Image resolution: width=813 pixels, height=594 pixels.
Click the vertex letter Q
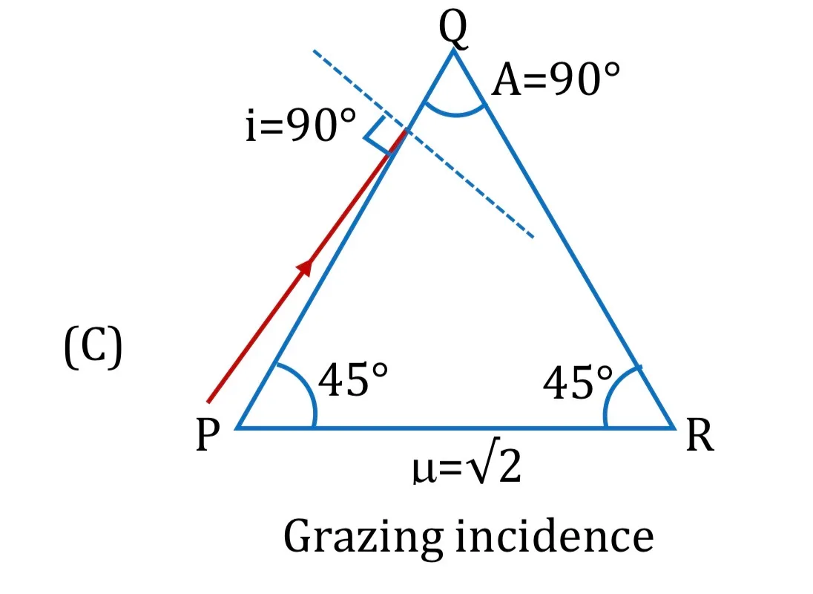(453, 28)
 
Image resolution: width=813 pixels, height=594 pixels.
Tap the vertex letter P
(208, 435)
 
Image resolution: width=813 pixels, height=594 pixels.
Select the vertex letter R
(700, 435)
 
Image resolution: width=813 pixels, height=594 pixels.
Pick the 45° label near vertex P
(352, 379)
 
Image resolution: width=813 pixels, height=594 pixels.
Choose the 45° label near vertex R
(578, 382)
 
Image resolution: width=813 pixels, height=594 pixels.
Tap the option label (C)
(93, 347)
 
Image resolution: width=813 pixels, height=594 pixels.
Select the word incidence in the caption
(554, 537)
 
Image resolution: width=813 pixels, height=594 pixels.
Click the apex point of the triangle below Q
(454, 50)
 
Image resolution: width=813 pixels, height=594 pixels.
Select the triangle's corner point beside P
(237, 428)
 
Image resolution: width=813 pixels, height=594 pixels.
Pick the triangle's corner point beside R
(674, 428)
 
